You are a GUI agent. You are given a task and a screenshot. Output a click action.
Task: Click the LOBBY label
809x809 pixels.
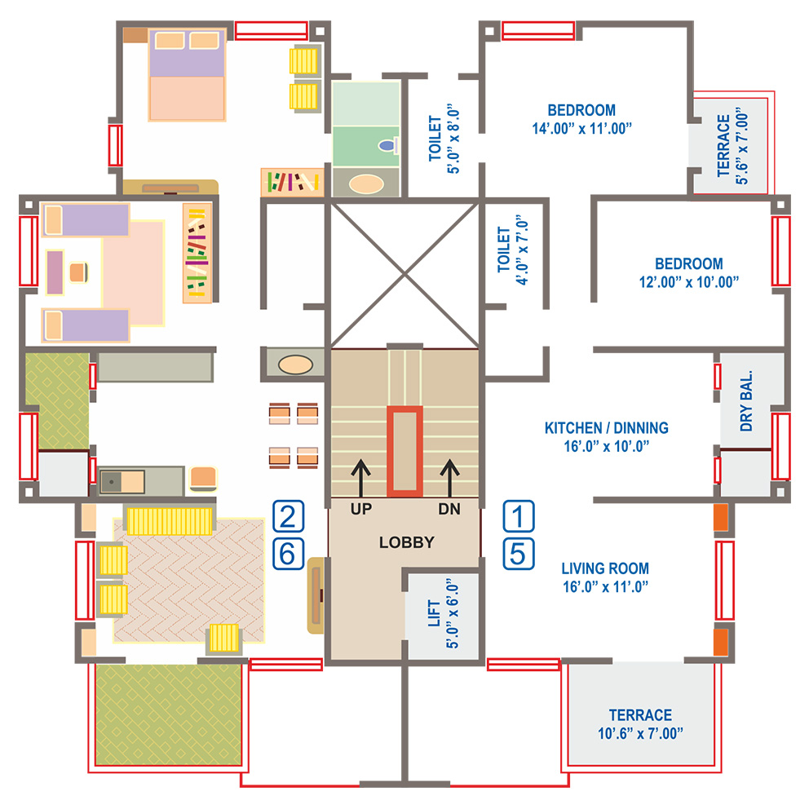407,542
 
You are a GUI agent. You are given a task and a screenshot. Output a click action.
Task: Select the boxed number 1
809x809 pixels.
519,516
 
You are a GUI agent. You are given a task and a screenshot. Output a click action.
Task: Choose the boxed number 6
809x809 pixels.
288,554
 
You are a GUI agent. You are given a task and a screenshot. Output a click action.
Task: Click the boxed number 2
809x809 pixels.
288,516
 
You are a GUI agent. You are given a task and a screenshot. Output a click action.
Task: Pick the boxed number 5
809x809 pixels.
519,554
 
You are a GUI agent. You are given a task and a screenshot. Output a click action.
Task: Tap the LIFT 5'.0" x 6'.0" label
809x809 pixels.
443,613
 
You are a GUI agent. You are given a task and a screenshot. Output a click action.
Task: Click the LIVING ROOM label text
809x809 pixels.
605,568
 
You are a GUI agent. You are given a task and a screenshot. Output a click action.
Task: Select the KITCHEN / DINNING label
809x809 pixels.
606,427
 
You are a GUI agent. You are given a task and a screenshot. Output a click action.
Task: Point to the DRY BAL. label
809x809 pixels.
746,400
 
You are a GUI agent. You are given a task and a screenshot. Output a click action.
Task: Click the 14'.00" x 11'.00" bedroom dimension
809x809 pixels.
582,129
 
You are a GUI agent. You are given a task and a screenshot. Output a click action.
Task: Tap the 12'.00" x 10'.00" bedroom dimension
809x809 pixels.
689,282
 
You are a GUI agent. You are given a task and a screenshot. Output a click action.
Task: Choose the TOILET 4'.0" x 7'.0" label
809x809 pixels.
513,250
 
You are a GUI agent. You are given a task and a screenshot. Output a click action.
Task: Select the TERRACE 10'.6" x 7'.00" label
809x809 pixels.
640,724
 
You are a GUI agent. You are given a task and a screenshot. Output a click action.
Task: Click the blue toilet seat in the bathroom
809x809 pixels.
387,145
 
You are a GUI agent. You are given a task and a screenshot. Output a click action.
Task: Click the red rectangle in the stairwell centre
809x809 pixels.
405,451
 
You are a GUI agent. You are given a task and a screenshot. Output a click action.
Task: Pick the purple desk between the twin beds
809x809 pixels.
55,272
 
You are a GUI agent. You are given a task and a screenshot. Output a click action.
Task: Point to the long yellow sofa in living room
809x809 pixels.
170,521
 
